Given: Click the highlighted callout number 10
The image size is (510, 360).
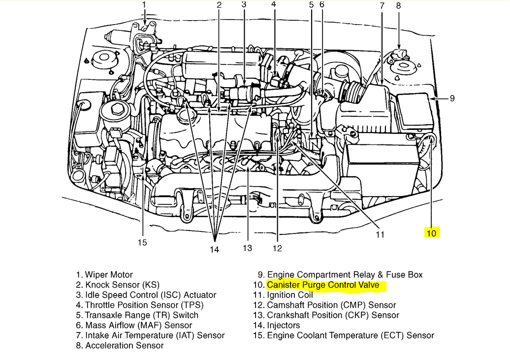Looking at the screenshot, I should point(431,233).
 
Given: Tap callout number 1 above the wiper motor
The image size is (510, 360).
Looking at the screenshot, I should point(144,5).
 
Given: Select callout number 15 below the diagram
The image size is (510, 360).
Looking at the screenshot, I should point(142,242).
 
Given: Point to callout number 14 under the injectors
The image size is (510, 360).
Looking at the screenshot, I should point(214,249).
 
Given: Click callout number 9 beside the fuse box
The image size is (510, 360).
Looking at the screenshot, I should point(452,98).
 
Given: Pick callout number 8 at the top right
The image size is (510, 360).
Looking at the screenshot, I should point(398,6).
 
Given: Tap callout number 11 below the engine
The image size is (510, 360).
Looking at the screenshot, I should point(380,234).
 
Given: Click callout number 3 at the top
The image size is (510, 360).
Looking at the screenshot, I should point(244,5).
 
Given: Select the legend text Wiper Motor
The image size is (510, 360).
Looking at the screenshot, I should point(109,275).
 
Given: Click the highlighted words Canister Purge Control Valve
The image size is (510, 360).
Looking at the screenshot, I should point(323,285).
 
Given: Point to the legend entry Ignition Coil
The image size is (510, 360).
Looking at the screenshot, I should point(290,295).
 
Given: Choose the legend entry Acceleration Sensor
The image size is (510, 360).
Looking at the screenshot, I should point(125,346).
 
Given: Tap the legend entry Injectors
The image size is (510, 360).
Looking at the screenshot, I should point(284,325).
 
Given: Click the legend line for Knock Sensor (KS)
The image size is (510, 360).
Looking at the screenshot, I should point(122,285).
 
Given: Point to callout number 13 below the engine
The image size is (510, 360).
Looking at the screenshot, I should point(247,247).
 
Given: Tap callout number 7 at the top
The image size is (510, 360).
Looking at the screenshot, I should point(382,6).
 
